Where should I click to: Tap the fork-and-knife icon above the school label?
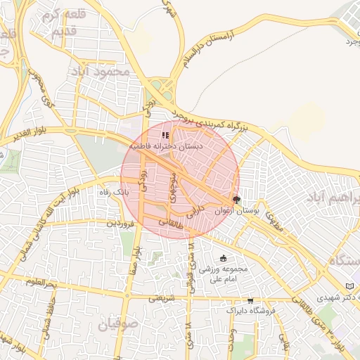[x=165, y=135]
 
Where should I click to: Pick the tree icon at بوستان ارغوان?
[x=237, y=199]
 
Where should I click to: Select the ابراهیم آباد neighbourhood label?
[x=330, y=198]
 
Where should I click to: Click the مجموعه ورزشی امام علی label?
[x=223, y=274]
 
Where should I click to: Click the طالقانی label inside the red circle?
[x=172, y=224]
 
